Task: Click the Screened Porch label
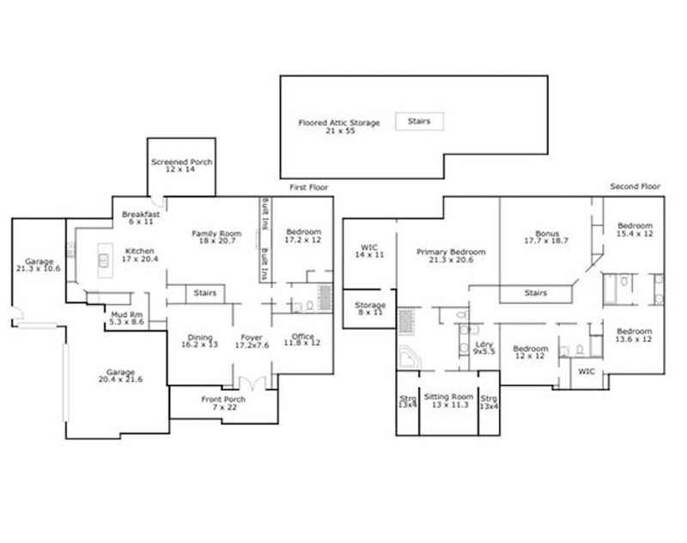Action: (x=181, y=166)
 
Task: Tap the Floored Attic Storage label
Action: (x=338, y=127)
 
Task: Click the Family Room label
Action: (x=215, y=238)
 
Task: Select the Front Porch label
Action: (x=223, y=404)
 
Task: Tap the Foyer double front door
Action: (x=252, y=381)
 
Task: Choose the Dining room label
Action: (x=199, y=342)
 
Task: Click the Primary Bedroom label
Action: (x=451, y=257)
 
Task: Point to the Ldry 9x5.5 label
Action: (x=483, y=348)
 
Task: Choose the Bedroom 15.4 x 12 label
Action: (x=635, y=231)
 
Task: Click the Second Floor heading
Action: (x=634, y=186)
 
